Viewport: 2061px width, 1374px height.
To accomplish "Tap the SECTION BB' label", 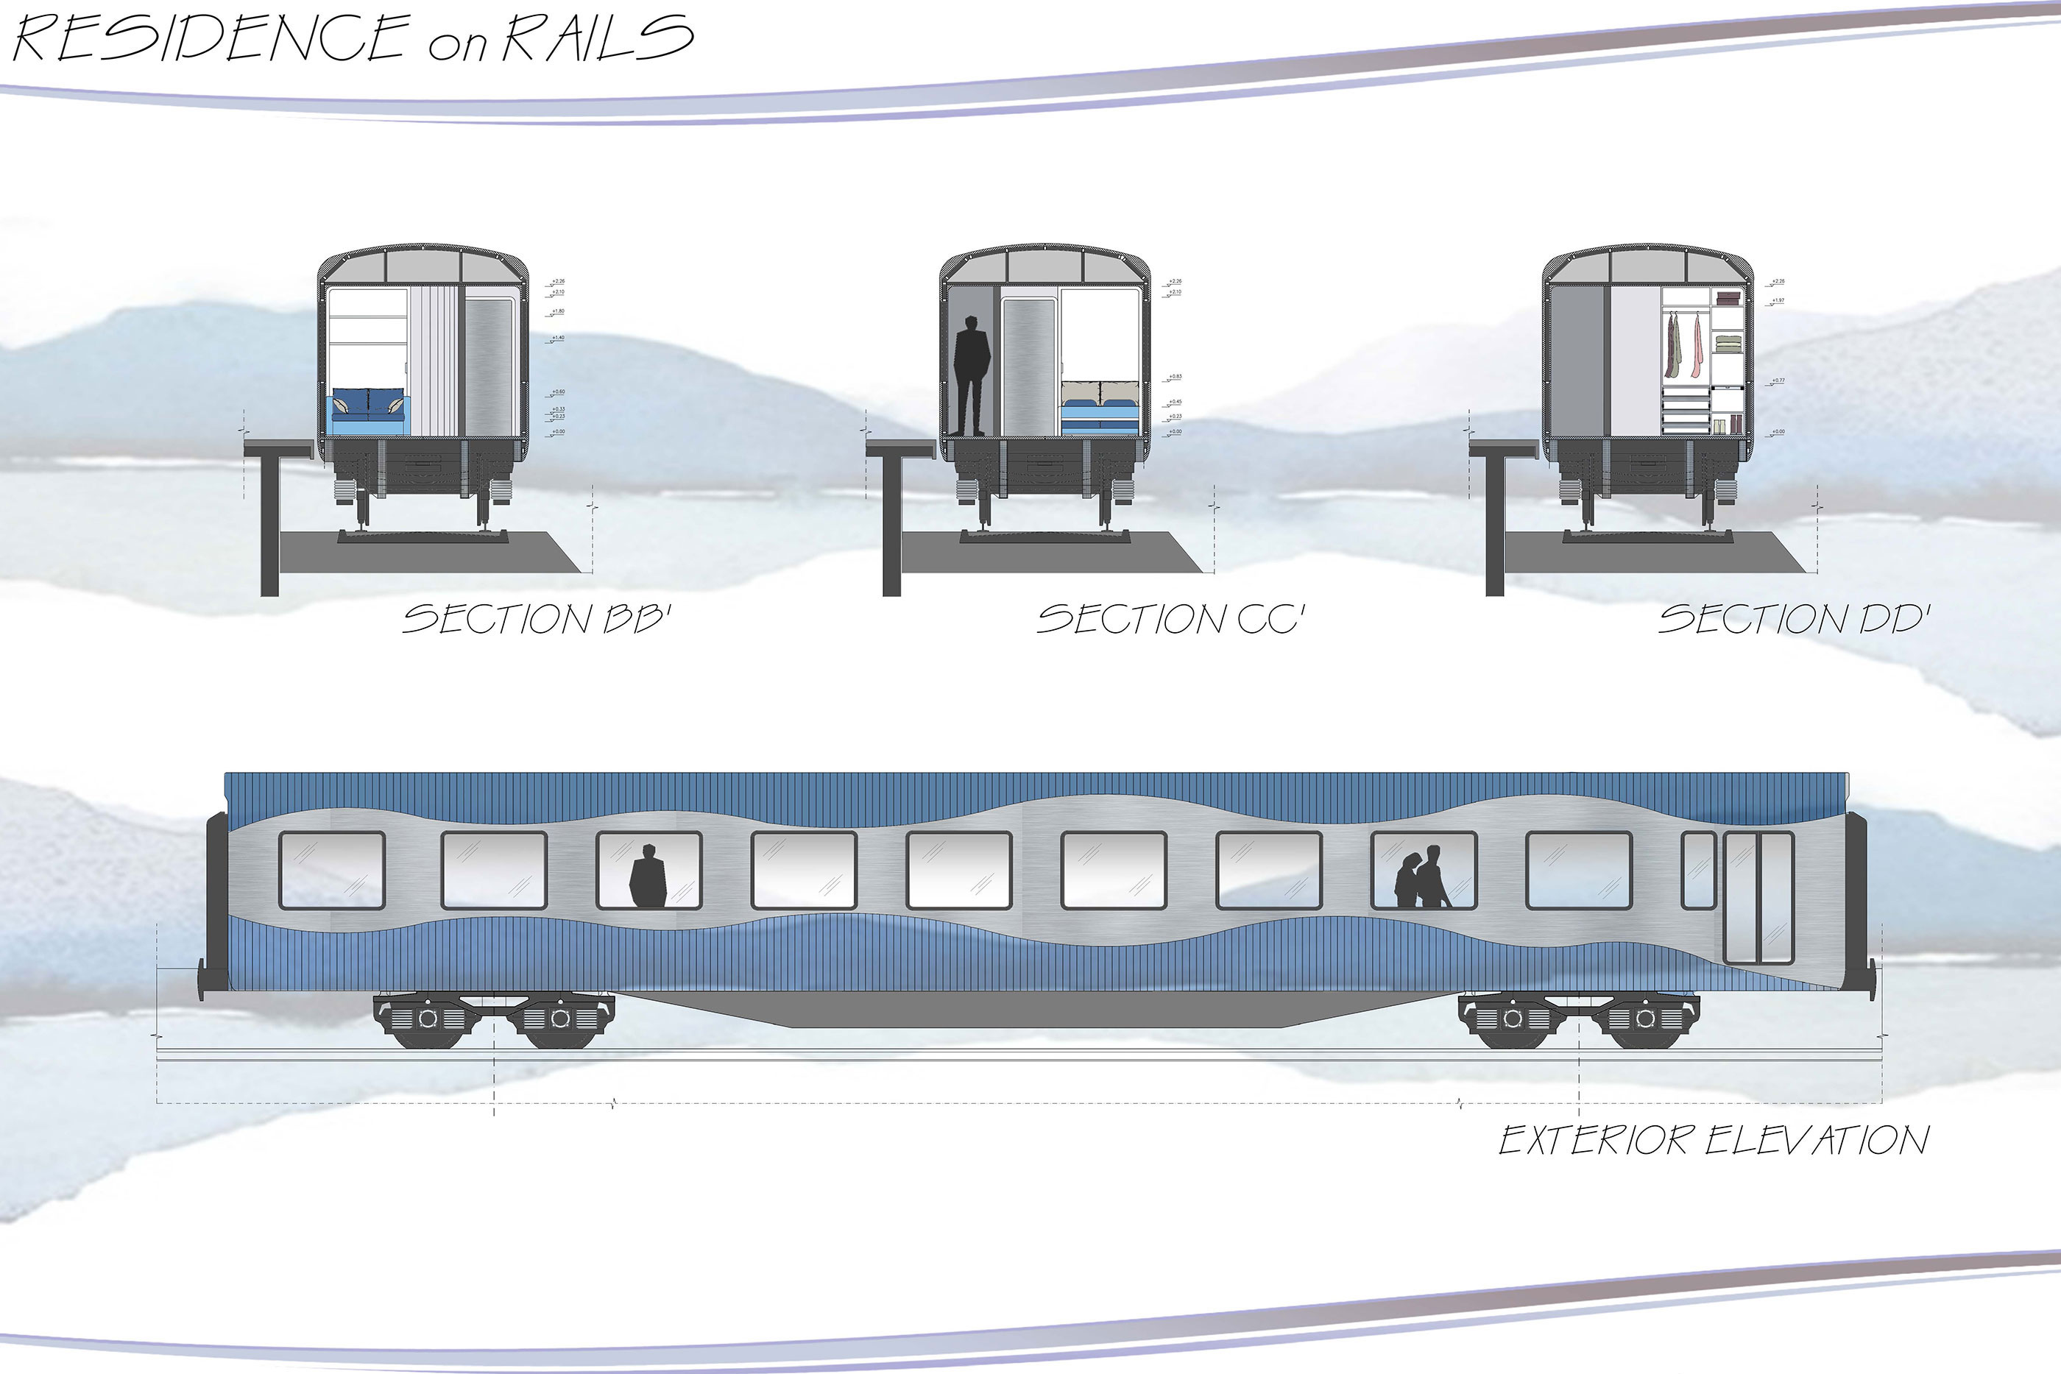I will click(x=537, y=619).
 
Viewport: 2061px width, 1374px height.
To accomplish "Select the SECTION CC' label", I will click(x=1170, y=619).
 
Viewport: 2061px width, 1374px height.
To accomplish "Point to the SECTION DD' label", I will click(x=1794, y=619).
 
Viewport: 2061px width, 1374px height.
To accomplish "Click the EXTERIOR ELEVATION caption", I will click(x=1713, y=1140).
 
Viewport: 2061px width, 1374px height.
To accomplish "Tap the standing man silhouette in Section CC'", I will click(x=971, y=375).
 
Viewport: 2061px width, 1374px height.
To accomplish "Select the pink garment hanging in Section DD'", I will click(x=1697, y=345).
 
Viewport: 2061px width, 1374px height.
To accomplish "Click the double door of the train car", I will click(x=1758, y=897).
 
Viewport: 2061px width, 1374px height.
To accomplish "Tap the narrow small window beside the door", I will click(x=1698, y=870).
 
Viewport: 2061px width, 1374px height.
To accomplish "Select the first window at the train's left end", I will click(x=331, y=870).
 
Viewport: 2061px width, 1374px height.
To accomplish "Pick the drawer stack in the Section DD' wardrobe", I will click(x=1685, y=413).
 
